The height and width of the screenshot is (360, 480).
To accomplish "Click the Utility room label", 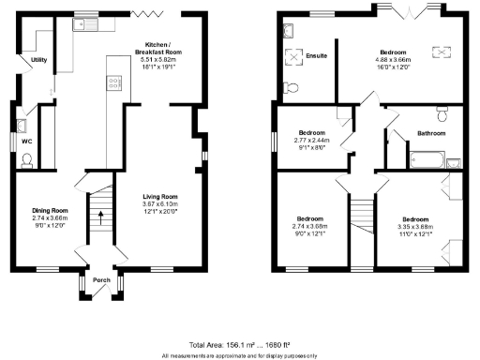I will click(x=38, y=59).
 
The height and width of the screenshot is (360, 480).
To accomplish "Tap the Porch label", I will click(x=102, y=279).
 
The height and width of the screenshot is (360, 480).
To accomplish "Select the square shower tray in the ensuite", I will click(x=298, y=56).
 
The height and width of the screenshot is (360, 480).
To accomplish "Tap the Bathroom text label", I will click(x=431, y=134).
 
